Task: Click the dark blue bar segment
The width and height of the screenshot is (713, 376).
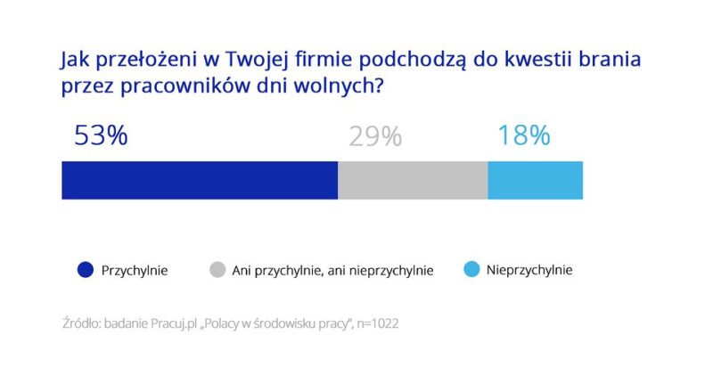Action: pos(200,180)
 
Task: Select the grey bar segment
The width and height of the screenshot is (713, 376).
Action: pos(413,180)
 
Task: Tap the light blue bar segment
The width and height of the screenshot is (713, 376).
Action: pos(535,180)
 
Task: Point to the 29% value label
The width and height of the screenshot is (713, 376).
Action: pos(375,136)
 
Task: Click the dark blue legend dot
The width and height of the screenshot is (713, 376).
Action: pos(86,269)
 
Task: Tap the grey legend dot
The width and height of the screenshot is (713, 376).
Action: pos(217,269)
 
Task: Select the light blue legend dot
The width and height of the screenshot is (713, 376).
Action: pos(471,269)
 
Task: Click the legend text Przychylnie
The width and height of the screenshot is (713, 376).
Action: pos(135,269)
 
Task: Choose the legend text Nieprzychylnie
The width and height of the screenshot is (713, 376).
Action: pos(529,269)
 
